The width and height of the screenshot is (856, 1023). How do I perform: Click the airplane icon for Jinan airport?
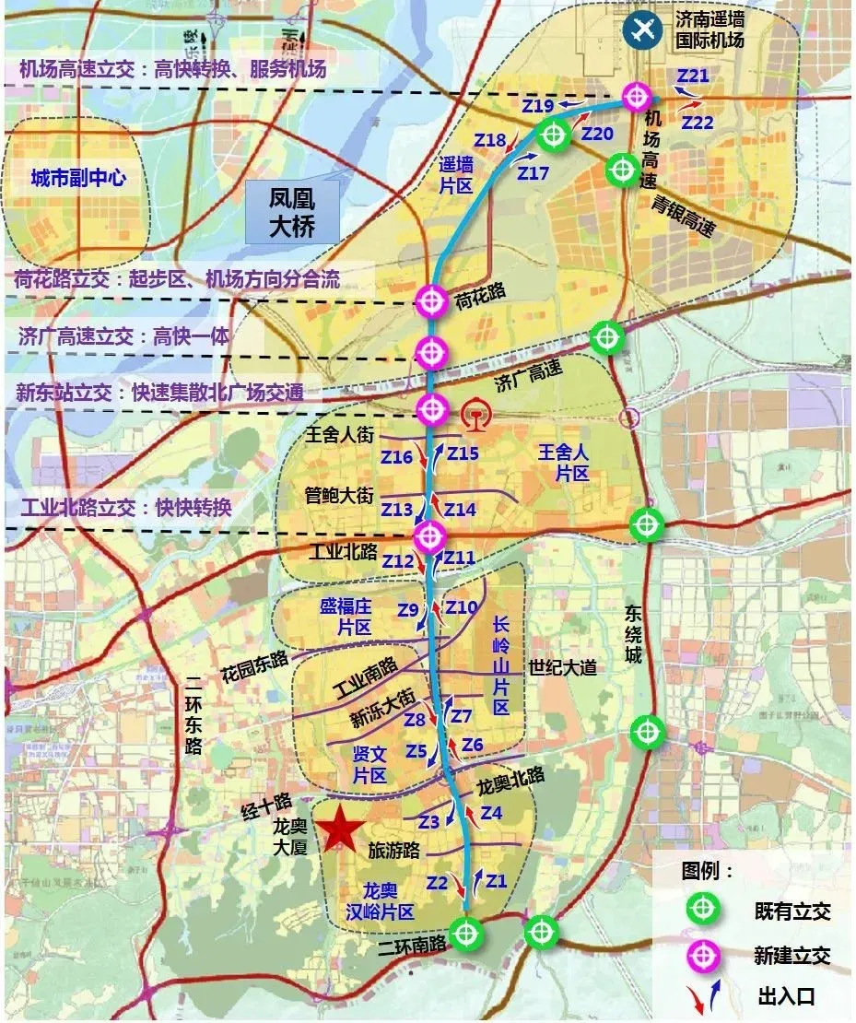click(642, 29)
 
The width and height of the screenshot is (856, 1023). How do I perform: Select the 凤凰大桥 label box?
click(292, 212)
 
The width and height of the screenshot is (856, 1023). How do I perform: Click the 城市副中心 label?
click(78, 178)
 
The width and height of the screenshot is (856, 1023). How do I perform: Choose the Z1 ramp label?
click(497, 880)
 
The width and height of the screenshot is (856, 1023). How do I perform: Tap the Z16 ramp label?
click(397, 457)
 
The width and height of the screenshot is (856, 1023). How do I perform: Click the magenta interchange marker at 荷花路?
click(431, 300)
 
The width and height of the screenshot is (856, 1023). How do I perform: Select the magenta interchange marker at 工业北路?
click(429, 535)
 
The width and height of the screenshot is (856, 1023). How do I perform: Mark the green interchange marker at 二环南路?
click(467, 934)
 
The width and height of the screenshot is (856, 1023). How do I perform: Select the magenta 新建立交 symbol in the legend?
click(703, 956)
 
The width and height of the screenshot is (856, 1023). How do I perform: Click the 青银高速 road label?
click(681, 217)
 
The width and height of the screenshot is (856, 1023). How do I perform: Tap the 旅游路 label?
click(393, 849)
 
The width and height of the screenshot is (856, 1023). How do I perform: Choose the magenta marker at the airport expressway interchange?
click(637, 96)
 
